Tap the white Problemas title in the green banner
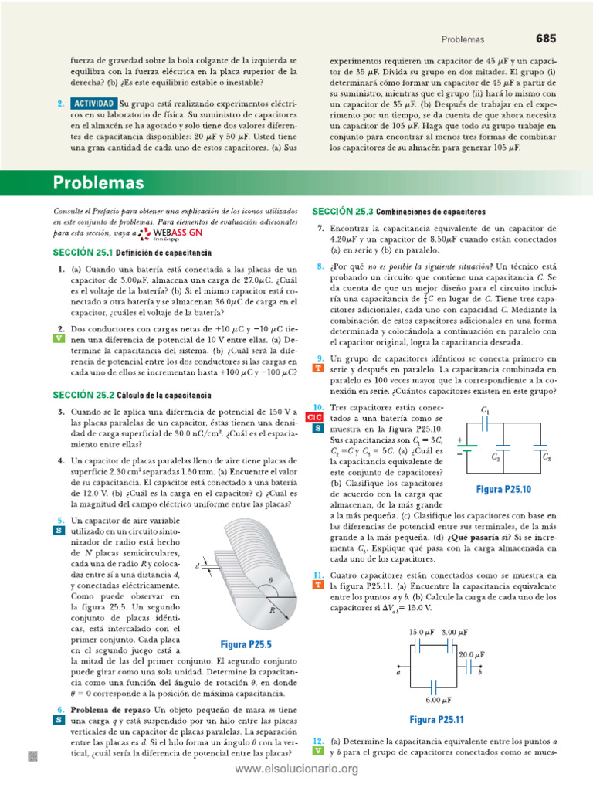(x=98, y=183)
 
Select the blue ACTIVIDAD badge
(x=94, y=103)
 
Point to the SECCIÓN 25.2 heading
(x=132, y=395)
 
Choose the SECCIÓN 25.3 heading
(x=398, y=212)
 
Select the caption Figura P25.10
(x=503, y=489)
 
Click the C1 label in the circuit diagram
(x=485, y=410)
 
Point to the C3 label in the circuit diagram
(x=547, y=457)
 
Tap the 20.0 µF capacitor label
(x=472, y=654)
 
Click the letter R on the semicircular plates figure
(x=272, y=609)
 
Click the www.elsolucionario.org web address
(x=296, y=769)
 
